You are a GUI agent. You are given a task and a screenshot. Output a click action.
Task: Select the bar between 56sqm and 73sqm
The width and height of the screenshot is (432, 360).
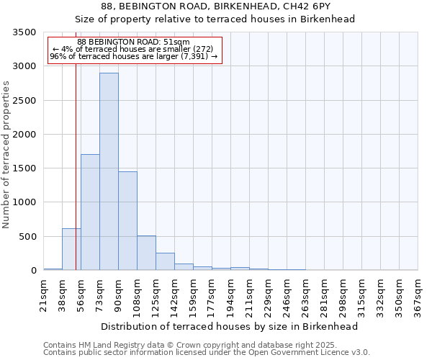[x=90, y=212]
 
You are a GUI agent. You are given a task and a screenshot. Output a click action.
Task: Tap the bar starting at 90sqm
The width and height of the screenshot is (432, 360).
[x=127, y=220]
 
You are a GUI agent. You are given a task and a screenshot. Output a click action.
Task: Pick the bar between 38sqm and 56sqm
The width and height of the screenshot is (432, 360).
[x=71, y=249]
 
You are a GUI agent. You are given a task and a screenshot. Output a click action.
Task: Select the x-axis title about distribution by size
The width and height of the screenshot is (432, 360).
[x=230, y=326]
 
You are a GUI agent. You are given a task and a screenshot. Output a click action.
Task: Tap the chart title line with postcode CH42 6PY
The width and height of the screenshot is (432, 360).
[x=215, y=6]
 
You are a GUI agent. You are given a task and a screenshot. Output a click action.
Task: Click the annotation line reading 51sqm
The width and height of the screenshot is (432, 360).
[x=133, y=42]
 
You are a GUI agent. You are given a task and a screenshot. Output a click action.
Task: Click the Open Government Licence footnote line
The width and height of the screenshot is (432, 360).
[x=207, y=353]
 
